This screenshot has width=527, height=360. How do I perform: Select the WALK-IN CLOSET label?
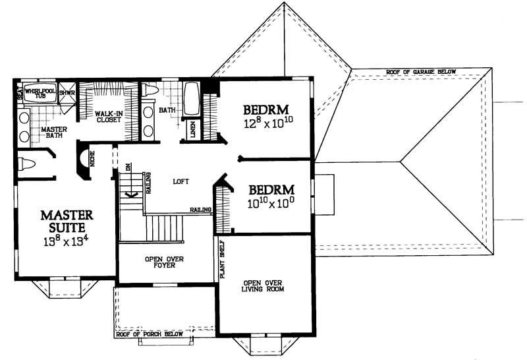pos(107,117)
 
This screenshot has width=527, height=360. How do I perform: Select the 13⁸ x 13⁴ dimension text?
pos(66,242)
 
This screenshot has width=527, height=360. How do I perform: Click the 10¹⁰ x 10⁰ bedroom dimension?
pos(270,204)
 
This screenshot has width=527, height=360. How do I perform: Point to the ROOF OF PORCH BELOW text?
pos(150,334)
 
